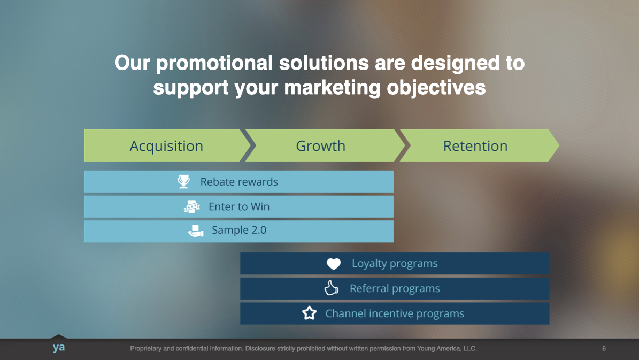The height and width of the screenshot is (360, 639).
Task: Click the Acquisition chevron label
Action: [166, 146]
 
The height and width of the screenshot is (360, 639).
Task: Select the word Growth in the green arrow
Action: [321, 146]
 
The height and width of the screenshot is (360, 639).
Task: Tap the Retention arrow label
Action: [475, 146]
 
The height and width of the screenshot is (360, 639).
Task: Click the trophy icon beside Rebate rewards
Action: [184, 181]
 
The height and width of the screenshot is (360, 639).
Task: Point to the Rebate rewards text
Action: [239, 182]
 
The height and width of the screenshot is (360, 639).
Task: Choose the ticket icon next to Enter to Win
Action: [192, 206]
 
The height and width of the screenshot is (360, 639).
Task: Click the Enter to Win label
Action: [239, 206]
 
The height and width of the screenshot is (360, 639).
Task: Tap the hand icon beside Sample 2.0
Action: [196, 231]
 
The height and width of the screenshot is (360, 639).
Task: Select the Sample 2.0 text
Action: [239, 230]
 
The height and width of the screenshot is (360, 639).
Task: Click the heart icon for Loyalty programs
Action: [334, 264]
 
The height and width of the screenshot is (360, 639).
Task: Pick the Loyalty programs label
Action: [395, 263]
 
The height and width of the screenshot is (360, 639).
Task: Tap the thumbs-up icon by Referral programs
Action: [332, 288]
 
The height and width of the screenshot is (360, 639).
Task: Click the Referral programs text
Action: [395, 289]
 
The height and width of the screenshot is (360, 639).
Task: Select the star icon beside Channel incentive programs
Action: [309, 313]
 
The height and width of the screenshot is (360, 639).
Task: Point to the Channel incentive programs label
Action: [395, 313]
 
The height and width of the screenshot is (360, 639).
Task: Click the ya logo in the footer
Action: [59, 347]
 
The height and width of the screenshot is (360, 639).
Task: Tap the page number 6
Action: [604, 349]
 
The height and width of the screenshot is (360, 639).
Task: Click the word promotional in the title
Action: [214, 63]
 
